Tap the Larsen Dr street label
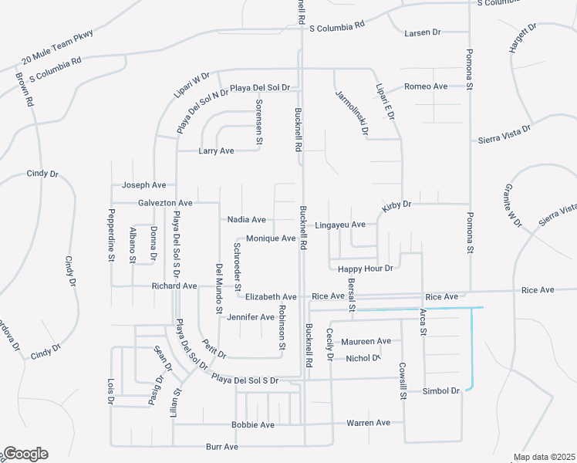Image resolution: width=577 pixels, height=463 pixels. click(422, 33)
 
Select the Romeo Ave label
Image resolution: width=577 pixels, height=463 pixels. click(426, 86)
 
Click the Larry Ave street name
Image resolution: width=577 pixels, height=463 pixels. click(216, 151)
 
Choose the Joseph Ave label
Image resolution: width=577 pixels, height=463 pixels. click(144, 185)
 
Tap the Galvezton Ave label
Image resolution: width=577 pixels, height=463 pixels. click(165, 203)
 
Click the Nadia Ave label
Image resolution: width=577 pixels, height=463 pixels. click(247, 220)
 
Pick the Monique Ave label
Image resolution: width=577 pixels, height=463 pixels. click(271, 239)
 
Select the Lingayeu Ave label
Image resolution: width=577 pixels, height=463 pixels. click(340, 225)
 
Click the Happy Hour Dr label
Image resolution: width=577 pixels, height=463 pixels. click(366, 268)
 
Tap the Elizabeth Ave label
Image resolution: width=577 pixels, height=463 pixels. click(271, 297)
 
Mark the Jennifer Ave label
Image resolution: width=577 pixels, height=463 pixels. click(250, 317)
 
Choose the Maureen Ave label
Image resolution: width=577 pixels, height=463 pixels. click(367, 341)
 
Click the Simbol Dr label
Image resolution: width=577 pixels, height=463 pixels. click(441, 392)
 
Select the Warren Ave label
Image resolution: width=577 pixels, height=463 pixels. click(369, 423)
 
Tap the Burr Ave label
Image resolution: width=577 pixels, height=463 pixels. click(222, 447)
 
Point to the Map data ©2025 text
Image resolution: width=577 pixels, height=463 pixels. click(544, 457)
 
